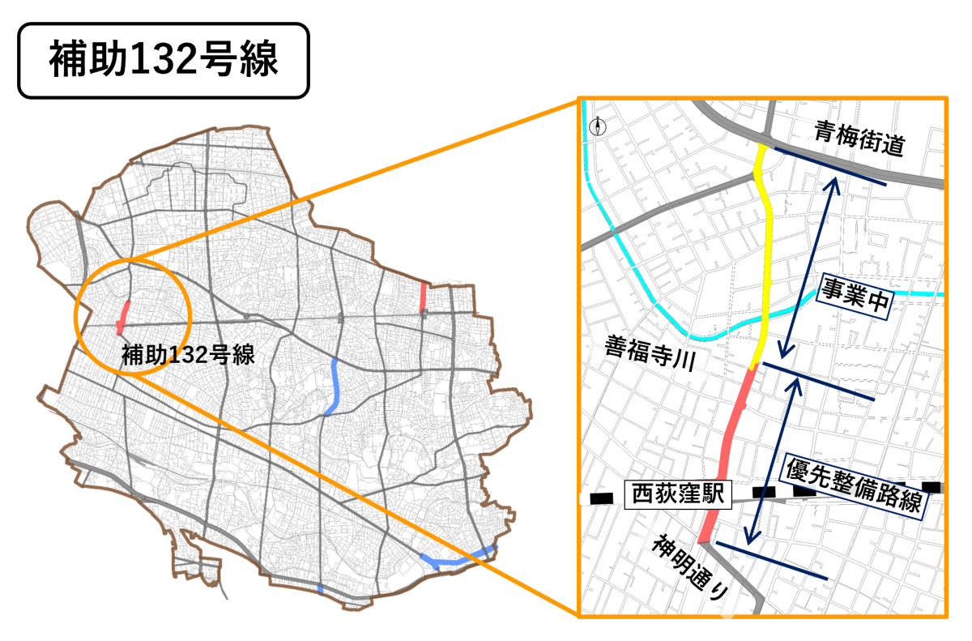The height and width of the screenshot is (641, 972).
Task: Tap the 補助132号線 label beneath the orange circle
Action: coord(188,354)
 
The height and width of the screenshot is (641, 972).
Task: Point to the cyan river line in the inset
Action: coord(640,276)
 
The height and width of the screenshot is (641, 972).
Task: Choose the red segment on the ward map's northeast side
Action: coord(423,297)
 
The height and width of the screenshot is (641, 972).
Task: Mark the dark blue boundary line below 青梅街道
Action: coord(829,166)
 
